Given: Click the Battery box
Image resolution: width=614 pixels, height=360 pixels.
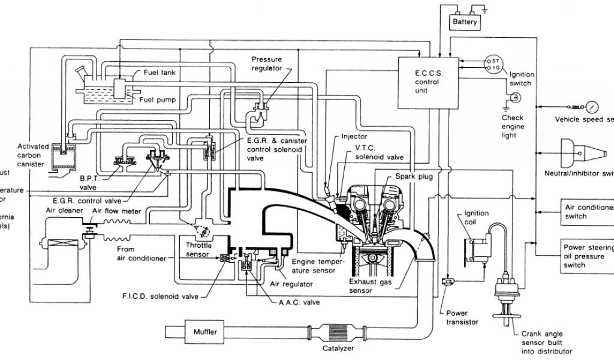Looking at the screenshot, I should [x=465, y=22].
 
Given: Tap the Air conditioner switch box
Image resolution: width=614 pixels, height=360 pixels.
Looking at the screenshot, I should [x=587, y=211].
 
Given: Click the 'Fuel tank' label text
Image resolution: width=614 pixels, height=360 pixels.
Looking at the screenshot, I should [x=159, y=73].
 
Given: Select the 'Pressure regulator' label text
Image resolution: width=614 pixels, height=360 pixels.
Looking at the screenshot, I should [x=266, y=64].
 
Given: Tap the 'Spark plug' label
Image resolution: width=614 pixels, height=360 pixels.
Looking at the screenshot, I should [x=414, y=177].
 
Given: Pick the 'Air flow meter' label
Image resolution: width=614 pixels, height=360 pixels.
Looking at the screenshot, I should [x=116, y=211].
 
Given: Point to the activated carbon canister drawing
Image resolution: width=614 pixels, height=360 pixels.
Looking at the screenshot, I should [x=62, y=157].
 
